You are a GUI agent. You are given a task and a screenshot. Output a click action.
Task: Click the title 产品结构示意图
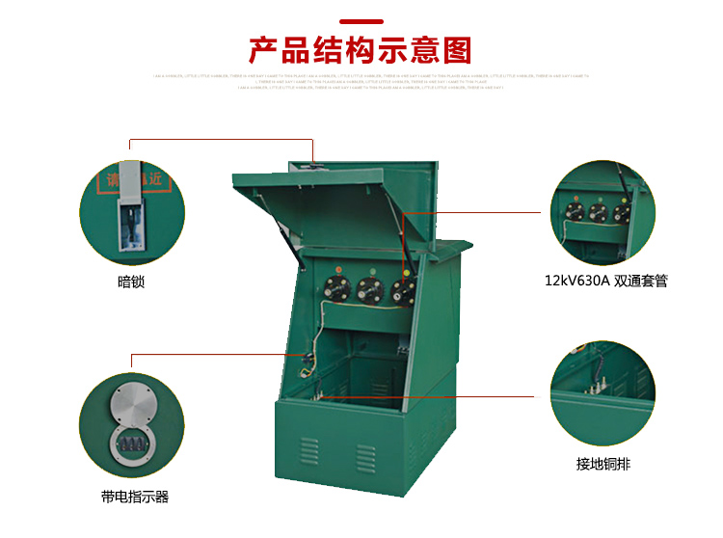pos(361,49)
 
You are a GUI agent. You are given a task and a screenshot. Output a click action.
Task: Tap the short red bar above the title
pos(361,21)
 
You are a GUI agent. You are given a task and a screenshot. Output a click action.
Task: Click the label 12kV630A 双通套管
pos(605,282)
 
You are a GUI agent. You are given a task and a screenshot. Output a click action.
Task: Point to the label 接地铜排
pos(603,464)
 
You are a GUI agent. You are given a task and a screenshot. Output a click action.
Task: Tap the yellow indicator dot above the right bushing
pos(407,272)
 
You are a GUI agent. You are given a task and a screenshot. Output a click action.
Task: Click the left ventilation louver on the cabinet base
pos(308,449)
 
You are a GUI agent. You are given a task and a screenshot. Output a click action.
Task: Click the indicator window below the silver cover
pos(130,444)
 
